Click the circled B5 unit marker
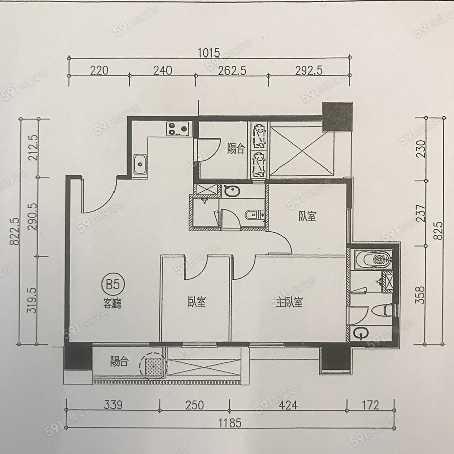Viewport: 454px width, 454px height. coord(113,285)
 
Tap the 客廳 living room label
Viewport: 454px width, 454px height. coord(112,303)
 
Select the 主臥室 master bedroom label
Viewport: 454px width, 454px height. coord(289,302)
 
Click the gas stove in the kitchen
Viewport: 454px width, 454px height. coord(178,128)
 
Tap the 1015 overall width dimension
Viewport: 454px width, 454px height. coord(209,53)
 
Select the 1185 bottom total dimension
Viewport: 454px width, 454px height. coord(230,423)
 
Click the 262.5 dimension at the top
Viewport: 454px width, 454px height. coord(232,70)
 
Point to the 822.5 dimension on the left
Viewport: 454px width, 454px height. coord(14,232)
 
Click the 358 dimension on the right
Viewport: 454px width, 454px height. coord(420,295)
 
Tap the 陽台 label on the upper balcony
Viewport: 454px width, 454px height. coord(236,149)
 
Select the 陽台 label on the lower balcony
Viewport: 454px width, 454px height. coord(119,361)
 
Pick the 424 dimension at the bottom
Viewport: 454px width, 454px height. coord(288,405)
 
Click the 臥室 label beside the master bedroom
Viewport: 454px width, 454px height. coord(197,302)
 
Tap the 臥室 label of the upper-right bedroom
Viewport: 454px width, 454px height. coord(307,216)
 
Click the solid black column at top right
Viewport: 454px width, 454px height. coord(337,117)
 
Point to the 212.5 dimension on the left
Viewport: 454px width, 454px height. coord(33,147)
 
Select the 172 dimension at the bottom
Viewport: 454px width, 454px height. coord(370,405)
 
